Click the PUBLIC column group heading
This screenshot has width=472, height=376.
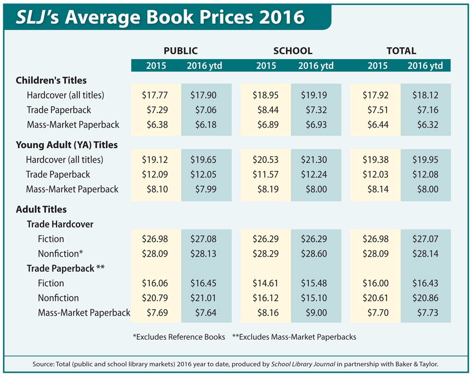(180, 51)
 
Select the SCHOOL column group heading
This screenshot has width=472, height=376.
(293, 51)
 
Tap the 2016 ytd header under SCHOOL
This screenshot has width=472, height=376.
(316, 66)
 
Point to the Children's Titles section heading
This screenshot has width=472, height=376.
(51, 80)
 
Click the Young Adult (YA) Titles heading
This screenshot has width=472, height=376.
(67, 145)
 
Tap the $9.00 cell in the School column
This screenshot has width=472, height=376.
(315, 313)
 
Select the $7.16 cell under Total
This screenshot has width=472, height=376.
(426, 110)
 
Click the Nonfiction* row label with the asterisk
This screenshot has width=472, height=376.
(60, 253)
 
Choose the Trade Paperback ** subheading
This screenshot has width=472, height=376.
(66, 268)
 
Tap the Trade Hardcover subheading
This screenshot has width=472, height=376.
(60, 224)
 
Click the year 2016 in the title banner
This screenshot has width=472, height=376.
(278, 17)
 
